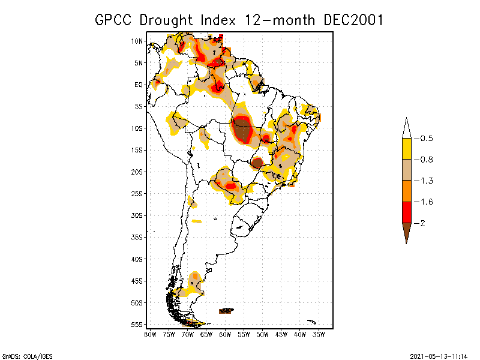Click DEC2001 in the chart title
coord(353,19)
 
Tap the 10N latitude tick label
coord(137,41)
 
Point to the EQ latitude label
coord(139,85)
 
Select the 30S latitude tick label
coord(137,215)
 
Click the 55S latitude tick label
coord(137,325)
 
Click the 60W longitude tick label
coord(225,334)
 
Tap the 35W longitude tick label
coord(319,334)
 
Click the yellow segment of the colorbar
coord(406,149)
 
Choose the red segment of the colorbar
coord(406,212)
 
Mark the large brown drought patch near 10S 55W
coord(242,130)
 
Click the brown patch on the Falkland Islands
coord(226,311)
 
